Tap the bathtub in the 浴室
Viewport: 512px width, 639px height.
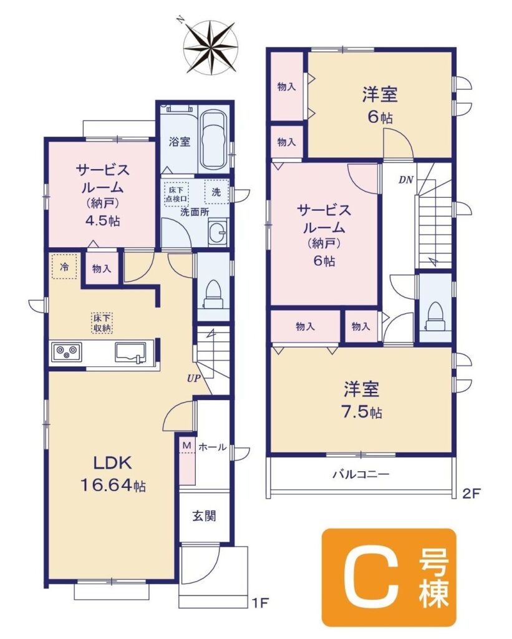(215, 140)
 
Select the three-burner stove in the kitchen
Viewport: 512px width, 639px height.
(66, 351)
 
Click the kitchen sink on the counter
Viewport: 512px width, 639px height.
(131, 352)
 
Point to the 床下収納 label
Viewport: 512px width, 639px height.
(102, 323)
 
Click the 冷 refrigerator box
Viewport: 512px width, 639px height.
(64, 266)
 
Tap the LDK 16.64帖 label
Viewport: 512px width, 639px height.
(112, 474)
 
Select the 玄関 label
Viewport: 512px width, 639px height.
(204, 516)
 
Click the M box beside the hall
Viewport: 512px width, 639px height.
(186, 446)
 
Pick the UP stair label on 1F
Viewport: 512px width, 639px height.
(195, 378)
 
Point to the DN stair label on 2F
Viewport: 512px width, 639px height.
(406, 180)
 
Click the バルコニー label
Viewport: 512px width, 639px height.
(361, 474)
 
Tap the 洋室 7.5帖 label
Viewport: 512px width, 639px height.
(362, 400)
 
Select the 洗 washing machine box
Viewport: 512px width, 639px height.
(216, 192)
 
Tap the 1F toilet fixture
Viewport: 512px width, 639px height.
(213, 295)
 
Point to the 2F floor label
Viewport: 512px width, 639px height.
(472, 494)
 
